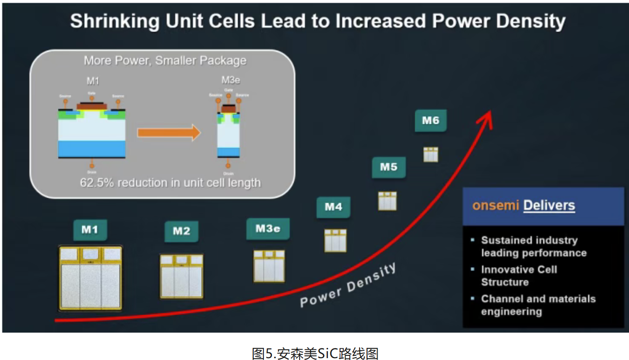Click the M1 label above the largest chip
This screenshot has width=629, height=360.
coord(90,229)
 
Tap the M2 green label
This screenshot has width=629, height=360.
coord(181,231)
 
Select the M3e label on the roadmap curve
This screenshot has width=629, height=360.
coord(268,229)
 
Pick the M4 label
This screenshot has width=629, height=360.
coord(333,207)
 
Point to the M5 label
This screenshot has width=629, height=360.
coord(389,167)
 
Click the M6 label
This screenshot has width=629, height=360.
coord(430,121)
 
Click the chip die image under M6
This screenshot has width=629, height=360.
coord(430,154)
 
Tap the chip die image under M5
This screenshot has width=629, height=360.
coord(387,201)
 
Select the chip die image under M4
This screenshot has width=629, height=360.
coord(335,240)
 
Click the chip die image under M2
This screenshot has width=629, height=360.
coord(181,276)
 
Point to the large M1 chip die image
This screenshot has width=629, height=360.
coord(90,278)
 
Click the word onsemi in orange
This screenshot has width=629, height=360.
coord(495,206)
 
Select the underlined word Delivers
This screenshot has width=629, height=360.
coord(549,206)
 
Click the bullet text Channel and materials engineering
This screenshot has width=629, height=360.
coord(538,305)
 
